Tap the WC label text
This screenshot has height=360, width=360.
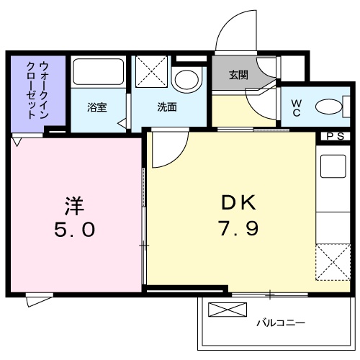coord(296,107)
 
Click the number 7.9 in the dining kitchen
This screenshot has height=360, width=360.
coord(235,230)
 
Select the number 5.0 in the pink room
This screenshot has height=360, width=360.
coord(73,230)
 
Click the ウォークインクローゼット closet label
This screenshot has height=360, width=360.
coord(27,89)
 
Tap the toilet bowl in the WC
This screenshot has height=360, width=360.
coord(327,107)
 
